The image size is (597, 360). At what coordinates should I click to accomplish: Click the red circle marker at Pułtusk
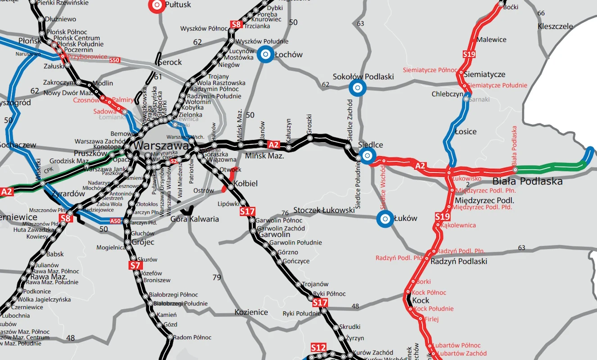tap(157, 5)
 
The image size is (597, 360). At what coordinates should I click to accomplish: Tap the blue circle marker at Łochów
tap(266, 54)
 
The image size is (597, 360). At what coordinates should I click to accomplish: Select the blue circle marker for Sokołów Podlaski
tap(357, 88)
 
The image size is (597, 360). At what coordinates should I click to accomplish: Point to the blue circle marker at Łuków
tap(385, 219)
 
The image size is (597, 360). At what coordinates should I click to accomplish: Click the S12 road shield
tap(318, 348)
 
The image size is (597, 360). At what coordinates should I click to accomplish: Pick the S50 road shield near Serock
tap(115, 60)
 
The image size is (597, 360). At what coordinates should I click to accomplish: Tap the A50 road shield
tap(116, 221)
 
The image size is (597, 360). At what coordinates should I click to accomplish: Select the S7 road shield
tap(135, 265)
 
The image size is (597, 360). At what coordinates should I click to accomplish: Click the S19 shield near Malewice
tap(469, 54)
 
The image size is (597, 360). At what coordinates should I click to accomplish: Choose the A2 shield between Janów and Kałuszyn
tap(274, 144)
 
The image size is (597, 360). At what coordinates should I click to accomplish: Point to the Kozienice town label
tap(251, 312)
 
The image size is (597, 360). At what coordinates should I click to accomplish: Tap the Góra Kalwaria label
tap(194, 219)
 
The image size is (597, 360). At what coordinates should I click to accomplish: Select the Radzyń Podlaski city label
tap(459, 261)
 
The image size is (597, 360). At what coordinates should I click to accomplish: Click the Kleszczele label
tap(555, 26)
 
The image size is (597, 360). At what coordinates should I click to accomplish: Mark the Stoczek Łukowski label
tap(324, 210)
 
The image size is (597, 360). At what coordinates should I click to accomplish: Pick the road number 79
tap(217, 277)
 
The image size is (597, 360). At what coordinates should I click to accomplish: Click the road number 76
tap(285, 213)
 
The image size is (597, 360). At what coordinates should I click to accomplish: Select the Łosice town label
tap(466, 131)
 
